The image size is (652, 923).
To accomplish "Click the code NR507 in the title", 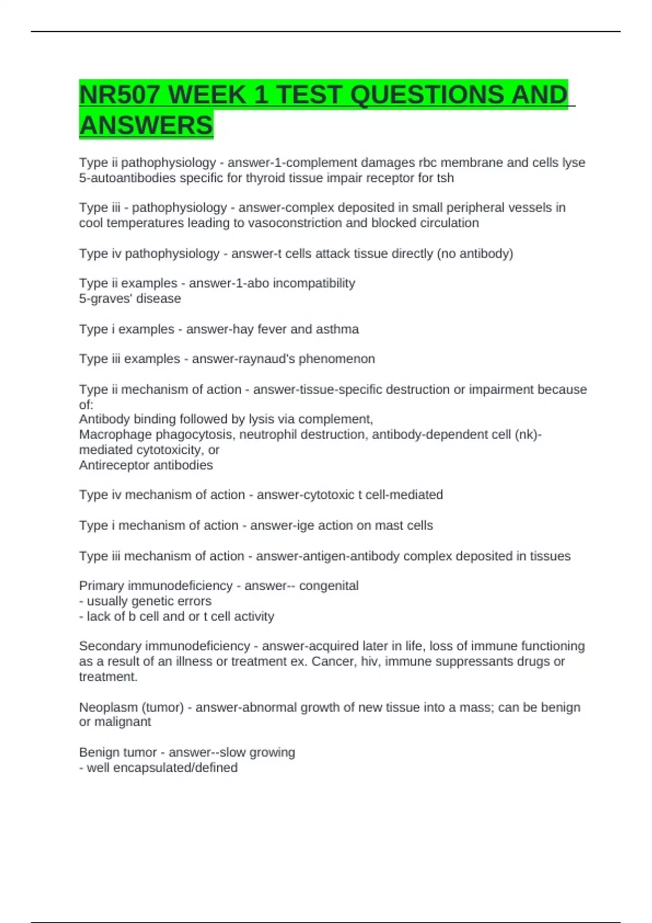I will (120, 96).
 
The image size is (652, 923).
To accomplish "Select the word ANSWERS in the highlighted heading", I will (146, 125).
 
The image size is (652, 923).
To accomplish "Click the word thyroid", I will (263, 178).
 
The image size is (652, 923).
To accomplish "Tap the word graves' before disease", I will (111, 299).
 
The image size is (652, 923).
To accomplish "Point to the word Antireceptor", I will (113, 465).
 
